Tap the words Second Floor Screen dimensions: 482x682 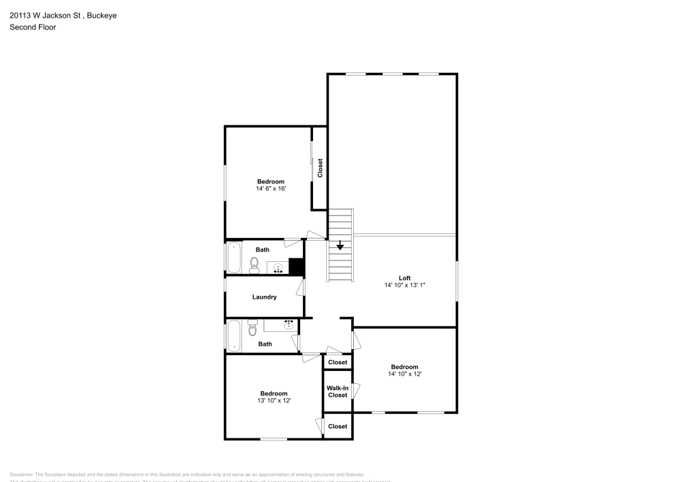[x=33, y=27]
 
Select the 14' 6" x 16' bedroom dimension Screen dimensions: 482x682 [x=271, y=189]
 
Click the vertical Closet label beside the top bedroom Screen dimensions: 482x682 [x=320, y=168]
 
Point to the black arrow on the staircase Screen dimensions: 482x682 [x=340, y=246]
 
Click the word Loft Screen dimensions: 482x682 [x=404, y=277]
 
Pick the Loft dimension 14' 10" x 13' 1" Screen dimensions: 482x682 [x=404, y=286]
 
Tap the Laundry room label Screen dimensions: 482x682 [x=264, y=297]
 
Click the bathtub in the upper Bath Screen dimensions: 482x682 [x=234, y=258]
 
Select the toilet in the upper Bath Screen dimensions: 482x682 [x=254, y=265]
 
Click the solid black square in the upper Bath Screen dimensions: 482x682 [x=296, y=266]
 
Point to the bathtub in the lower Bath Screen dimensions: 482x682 [x=234, y=335]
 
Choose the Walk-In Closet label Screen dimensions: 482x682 [x=338, y=391]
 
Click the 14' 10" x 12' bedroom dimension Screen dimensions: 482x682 [x=404, y=374]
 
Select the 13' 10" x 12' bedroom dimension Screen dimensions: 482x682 [x=273, y=401]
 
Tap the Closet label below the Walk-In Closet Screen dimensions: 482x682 [x=338, y=427]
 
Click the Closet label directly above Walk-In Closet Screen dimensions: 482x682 [x=338, y=363]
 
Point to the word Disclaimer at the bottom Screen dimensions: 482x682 [x=22, y=475]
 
